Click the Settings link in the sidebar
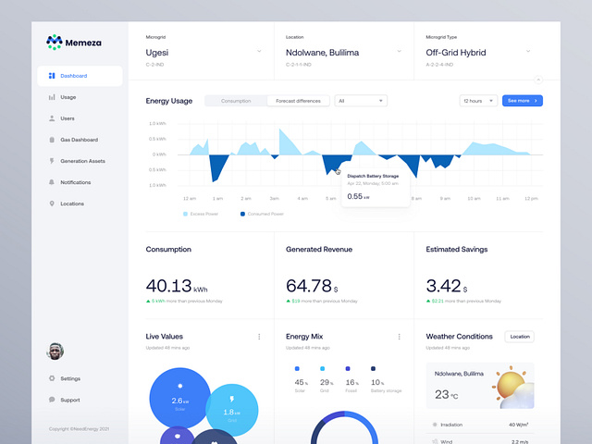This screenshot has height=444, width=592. (x=70, y=378)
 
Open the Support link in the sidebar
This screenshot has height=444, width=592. (x=69, y=400)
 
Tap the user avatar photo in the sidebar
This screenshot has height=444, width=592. (x=55, y=351)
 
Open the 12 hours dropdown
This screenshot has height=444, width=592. (x=478, y=100)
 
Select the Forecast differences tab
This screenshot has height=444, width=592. (x=298, y=100)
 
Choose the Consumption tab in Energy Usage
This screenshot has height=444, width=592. (x=236, y=100)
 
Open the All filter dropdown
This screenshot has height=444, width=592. (x=361, y=100)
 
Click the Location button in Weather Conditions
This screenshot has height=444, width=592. (x=519, y=337)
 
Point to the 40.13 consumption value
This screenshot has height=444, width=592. (x=169, y=286)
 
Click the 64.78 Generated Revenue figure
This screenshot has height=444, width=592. (x=309, y=286)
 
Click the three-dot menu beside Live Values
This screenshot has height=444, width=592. (x=259, y=337)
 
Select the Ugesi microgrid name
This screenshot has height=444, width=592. (x=157, y=53)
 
